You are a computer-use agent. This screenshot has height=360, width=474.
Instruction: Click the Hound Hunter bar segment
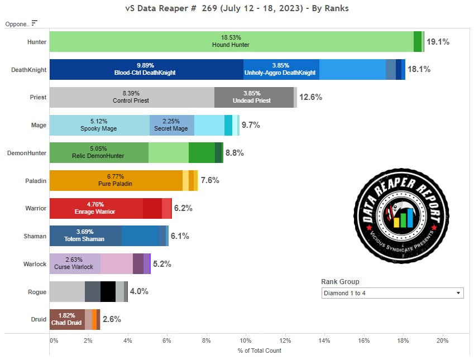231,42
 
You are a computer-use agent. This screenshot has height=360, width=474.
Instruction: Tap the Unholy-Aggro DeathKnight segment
281,70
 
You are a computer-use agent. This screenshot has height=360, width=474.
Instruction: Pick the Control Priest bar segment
131,98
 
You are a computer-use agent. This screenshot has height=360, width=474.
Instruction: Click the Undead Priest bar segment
254,98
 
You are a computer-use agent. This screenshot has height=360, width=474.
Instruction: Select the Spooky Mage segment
99,125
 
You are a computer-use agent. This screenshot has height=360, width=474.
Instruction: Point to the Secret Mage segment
171,125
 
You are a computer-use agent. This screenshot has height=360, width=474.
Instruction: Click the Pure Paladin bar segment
115,181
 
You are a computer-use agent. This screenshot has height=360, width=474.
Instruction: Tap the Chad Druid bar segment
66,319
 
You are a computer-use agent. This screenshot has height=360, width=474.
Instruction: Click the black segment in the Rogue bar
108,292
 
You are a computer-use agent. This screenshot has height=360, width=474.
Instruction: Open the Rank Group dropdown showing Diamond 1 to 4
392,293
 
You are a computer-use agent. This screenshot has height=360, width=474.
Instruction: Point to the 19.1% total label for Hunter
438,42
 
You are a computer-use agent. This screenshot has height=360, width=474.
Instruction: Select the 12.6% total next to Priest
310,98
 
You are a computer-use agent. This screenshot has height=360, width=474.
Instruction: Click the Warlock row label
35,264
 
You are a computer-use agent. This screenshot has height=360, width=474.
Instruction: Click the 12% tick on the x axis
285,340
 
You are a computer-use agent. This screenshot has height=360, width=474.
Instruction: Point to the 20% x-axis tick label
442,340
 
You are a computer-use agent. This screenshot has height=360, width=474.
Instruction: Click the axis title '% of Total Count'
259,351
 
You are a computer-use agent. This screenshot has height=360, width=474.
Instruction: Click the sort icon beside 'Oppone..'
35,23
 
